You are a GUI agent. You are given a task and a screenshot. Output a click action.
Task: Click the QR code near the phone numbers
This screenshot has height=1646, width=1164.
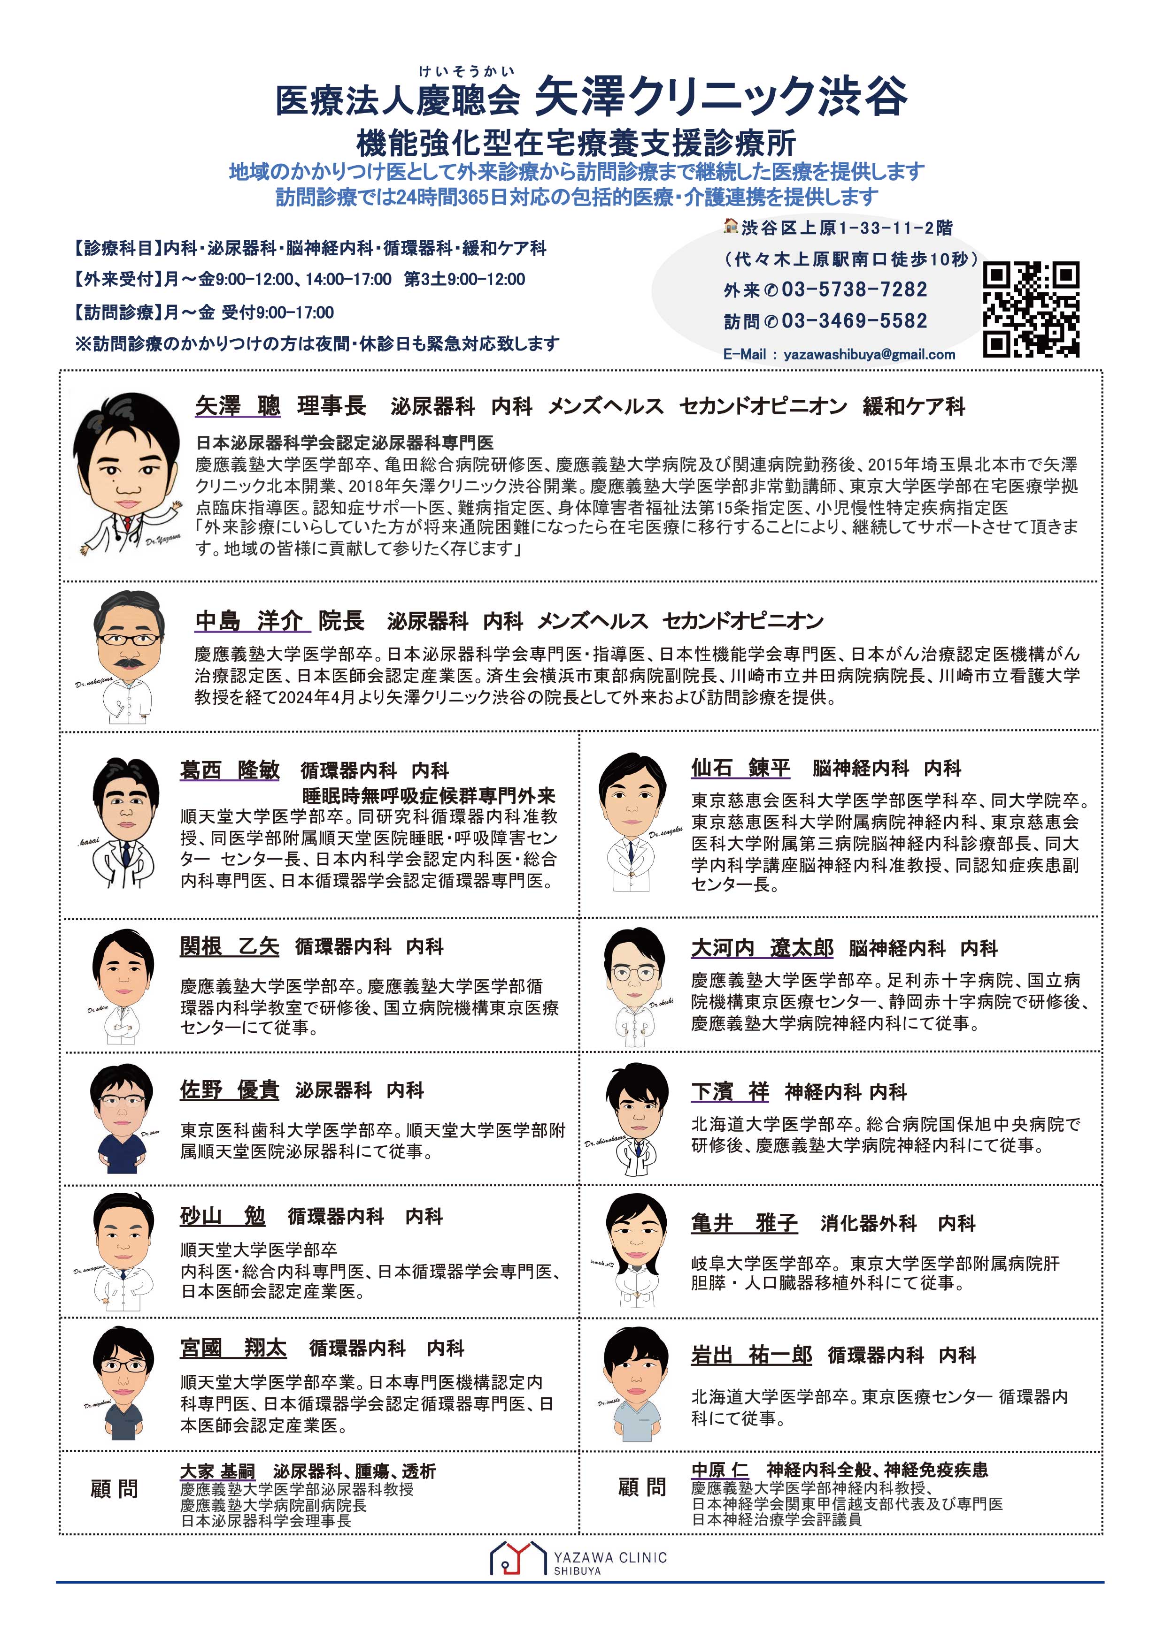coord(1031,310)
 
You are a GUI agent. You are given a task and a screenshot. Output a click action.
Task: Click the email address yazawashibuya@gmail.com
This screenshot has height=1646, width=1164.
coord(869,354)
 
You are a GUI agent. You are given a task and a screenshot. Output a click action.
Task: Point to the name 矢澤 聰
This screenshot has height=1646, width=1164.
coord(238,406)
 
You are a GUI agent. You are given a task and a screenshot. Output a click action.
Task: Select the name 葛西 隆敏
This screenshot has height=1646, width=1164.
coord(230,770)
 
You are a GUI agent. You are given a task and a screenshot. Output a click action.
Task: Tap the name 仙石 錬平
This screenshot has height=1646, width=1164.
coord(740,768)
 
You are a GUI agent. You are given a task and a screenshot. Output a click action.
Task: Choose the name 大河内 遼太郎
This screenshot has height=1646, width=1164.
coord(762,948)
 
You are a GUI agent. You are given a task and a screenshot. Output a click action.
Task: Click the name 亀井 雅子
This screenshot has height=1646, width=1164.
coord(744,1223)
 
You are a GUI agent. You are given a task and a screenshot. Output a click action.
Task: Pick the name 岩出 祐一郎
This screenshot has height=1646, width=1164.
coord(751,1355)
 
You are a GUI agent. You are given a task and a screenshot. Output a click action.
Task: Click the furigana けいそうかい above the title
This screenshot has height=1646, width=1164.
coord(466,71)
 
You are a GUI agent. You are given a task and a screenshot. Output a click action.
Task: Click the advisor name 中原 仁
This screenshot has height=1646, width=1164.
coord(719,1470)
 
